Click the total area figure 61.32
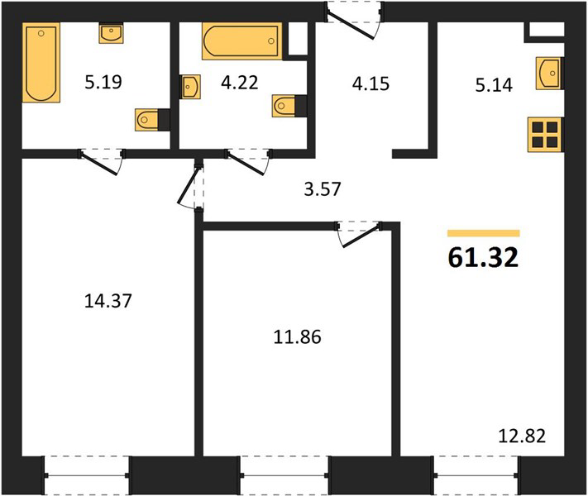483,258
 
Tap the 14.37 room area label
108,301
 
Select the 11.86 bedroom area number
297,337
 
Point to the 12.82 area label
522,436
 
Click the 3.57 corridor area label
323,189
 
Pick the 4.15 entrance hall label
370,83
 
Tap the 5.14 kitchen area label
494,85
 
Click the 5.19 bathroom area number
103,82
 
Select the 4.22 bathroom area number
239,83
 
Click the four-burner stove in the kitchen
544,135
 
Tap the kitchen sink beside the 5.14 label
549,73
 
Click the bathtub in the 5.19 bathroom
41,62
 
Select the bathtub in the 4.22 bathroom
241,41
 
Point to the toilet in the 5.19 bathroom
152,120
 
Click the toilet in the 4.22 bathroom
289,106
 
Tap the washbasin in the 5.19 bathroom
112,33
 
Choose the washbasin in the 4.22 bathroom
190,87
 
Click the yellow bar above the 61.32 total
483,234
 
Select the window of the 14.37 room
87,475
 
